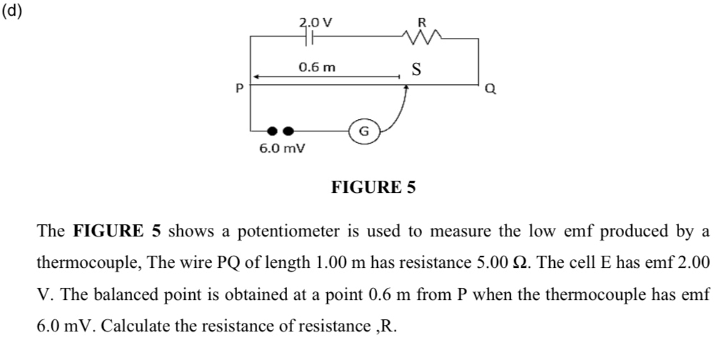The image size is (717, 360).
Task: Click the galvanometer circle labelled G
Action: pos(363,131)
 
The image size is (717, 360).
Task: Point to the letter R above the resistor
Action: pos(421,21)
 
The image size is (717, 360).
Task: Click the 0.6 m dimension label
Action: pos(316,68)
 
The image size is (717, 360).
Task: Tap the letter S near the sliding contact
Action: pos(417,70)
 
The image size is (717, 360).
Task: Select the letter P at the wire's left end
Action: pos(240,89)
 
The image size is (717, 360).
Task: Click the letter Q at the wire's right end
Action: pos(489,89)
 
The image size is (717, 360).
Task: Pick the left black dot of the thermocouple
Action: pos(271,131)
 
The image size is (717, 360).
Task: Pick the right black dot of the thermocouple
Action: pos(288,131)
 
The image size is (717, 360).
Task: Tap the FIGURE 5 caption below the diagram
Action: pos(373,188)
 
